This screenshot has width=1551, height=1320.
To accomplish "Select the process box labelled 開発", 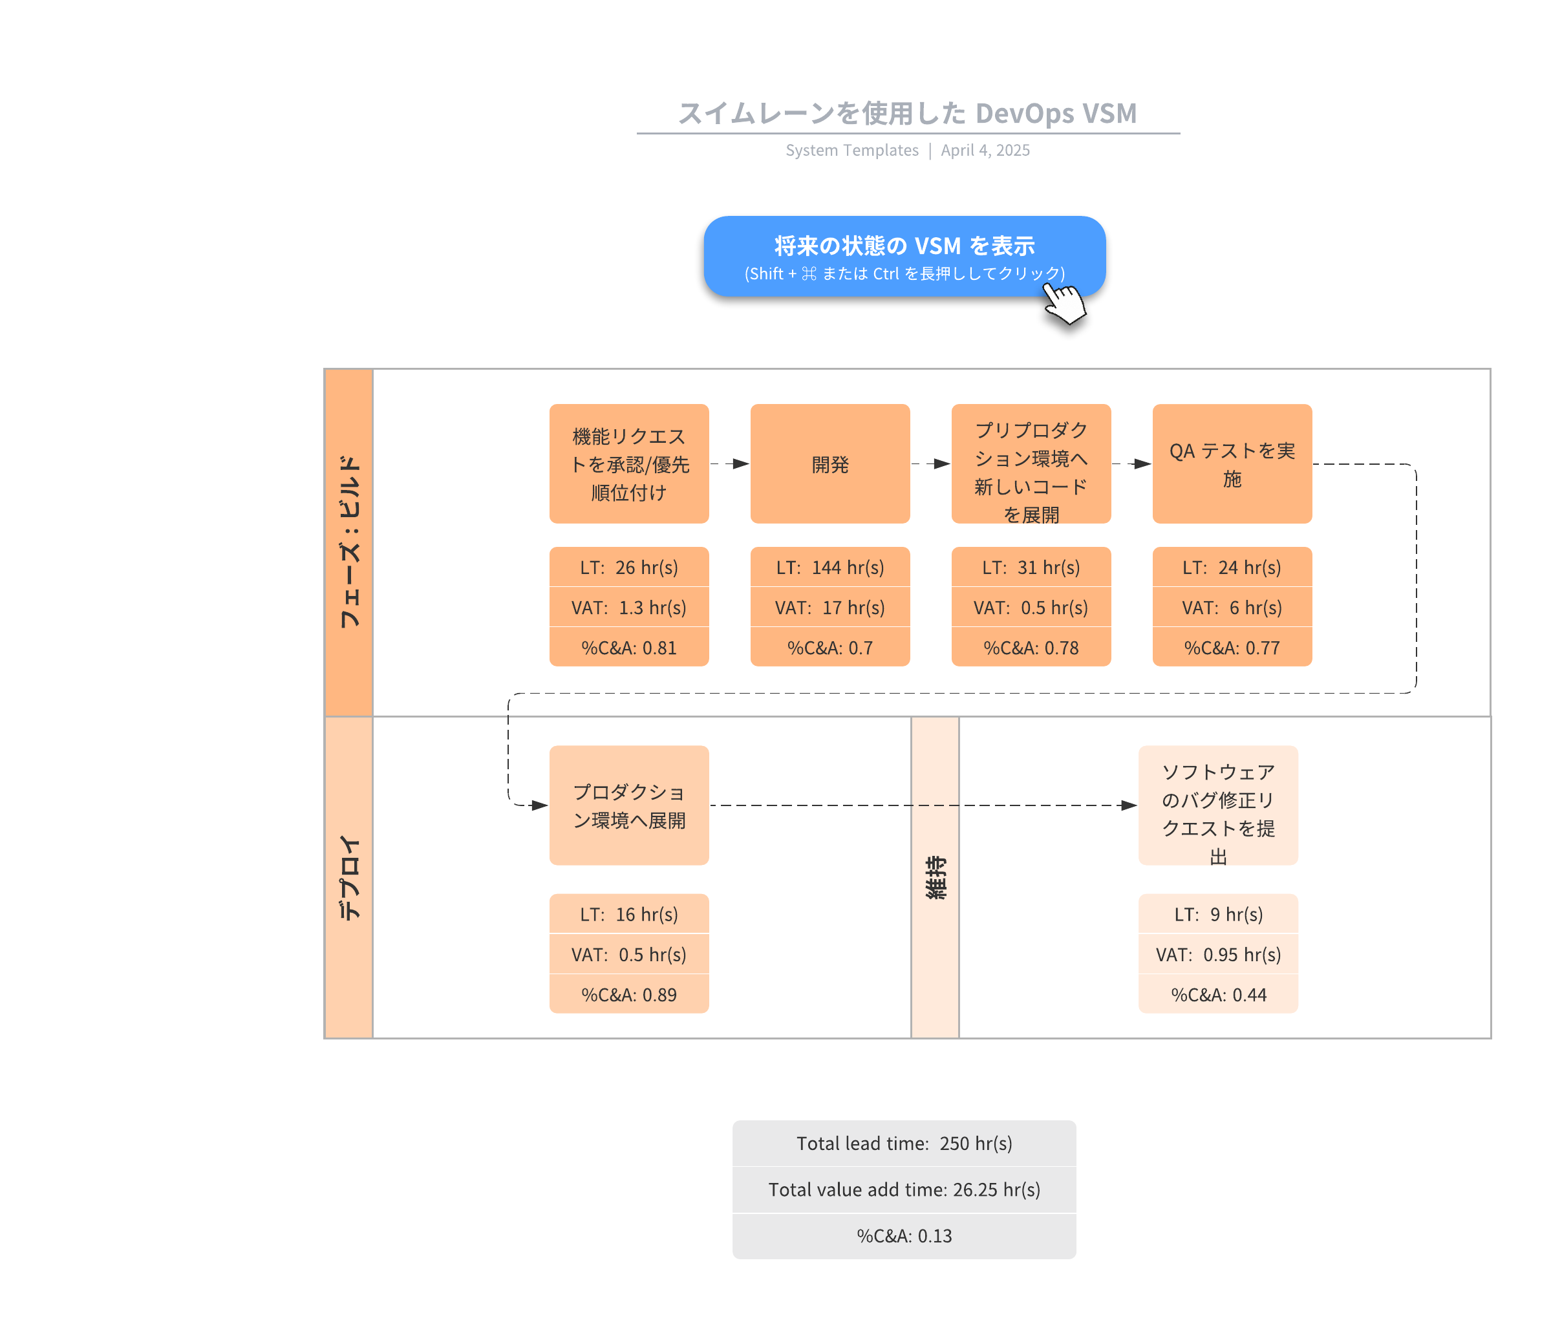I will (x=829, y=464).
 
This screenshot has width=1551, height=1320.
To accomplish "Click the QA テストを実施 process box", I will (x=1232, y=464).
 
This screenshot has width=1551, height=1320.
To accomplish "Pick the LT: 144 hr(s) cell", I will (x=829, y=567).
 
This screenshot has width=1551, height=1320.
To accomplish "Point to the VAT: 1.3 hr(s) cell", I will (x=629, y=608).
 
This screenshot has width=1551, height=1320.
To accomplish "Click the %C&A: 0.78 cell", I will (x=1031, y=647).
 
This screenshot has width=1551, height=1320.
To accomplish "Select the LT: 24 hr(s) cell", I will (x=1232, y=567).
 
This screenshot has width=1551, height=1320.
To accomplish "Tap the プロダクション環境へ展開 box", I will (x=629, y=805).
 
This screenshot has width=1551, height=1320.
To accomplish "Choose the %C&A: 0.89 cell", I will (x=629, y=994).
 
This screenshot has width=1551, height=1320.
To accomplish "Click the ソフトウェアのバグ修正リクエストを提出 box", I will (x=1218, y=805).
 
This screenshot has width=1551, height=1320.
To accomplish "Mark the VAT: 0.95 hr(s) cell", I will (x=1218, y=955).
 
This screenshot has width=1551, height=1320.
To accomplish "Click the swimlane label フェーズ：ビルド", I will (x=349, y=542).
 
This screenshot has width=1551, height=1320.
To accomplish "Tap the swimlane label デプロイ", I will (x=349, y=877).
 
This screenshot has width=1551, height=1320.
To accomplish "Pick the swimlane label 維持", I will (x=935, y=877).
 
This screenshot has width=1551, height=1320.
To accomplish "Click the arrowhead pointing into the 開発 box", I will (x=741, y=464).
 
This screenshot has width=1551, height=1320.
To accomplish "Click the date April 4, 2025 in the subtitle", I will (x=985, y=151).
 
